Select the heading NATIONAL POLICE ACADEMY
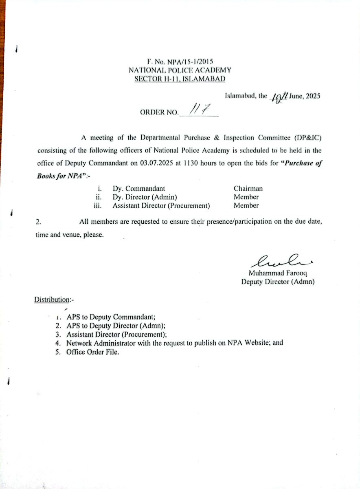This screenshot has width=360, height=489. pos(180,70)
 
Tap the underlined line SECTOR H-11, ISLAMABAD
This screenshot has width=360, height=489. pos(180,78)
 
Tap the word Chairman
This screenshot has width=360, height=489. pos(248,188)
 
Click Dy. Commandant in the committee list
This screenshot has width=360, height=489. pos(139,188)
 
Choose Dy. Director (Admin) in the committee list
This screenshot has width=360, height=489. pos(145,197)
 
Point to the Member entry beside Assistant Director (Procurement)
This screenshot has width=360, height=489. pos(246,206)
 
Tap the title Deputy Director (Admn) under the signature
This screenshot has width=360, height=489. pos(277,281)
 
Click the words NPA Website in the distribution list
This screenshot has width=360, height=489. pos(250,343)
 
